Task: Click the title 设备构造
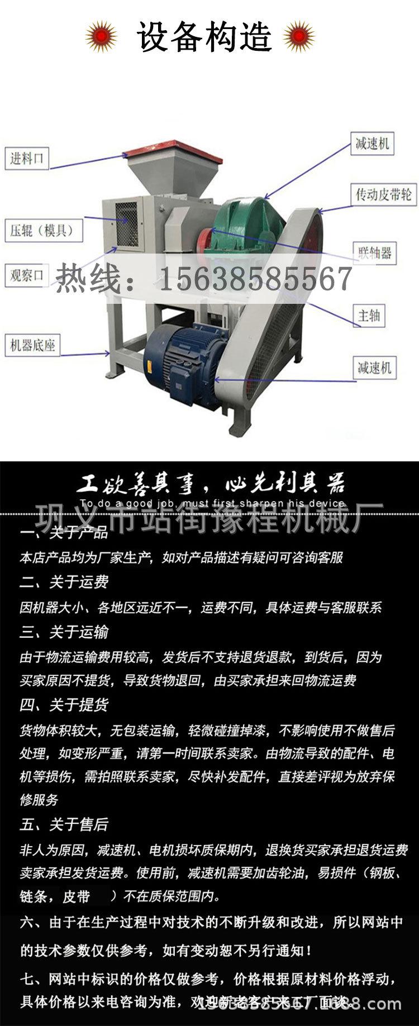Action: (204, 37)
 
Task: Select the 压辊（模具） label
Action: (42, 230)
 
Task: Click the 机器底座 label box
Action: (32, 345)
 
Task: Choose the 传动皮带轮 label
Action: (384, 194)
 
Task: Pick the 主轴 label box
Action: (369, 316)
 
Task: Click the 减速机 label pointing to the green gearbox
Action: (372, 144)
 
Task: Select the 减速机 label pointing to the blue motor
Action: (374, 368)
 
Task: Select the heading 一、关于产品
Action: (64, 533)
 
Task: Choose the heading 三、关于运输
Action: (64, 632)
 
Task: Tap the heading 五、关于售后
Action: (64, 824)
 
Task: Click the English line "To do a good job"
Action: (212, 503)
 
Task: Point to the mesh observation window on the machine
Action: (126, 223)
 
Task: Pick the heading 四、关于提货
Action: (64, 705)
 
